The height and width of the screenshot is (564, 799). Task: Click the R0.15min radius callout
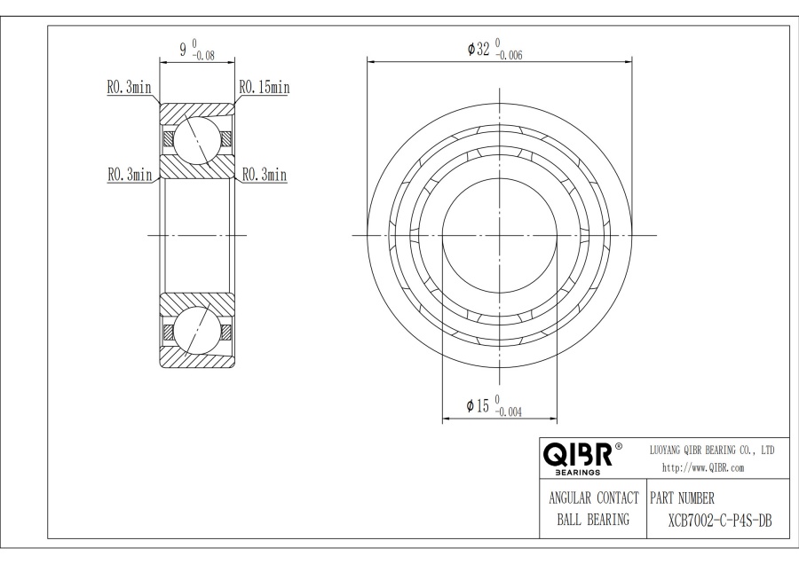click(x=265, y=87)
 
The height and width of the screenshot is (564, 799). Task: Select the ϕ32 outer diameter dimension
click(x=480, y=48)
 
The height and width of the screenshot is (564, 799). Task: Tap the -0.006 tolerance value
click(x=509, y=55)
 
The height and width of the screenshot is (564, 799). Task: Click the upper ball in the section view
click(x=196, y=138)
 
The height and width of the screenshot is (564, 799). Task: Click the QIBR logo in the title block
click(x=577, y=456)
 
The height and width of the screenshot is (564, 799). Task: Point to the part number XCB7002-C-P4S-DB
click(x=719, y=520)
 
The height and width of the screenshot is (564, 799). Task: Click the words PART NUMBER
click(x=683, y=497)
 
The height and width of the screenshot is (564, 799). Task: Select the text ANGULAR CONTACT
click(x=593, y=497)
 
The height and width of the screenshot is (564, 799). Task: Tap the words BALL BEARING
click(x=593, y=520)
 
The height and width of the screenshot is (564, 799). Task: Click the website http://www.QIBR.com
click(x=703, y=467)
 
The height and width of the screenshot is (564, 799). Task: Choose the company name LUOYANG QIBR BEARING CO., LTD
click(x=713, y=450)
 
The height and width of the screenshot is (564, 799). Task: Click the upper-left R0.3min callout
click(x=129, y=87)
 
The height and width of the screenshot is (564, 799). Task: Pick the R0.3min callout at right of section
click(x=265, y=175)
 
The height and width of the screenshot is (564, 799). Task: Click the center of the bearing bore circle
click(x=500, y=235)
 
